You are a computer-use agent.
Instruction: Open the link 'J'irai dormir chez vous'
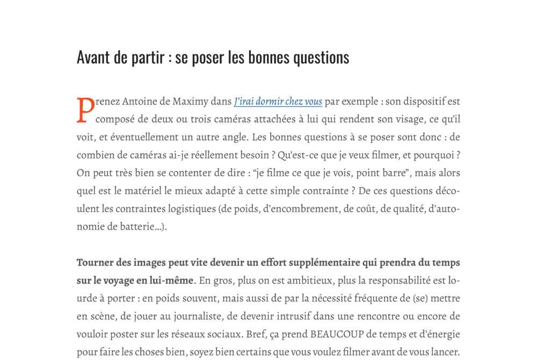coord(278,102)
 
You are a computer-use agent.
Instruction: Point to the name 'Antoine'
coord(142,102)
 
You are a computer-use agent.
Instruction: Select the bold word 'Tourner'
coord(94,263)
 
